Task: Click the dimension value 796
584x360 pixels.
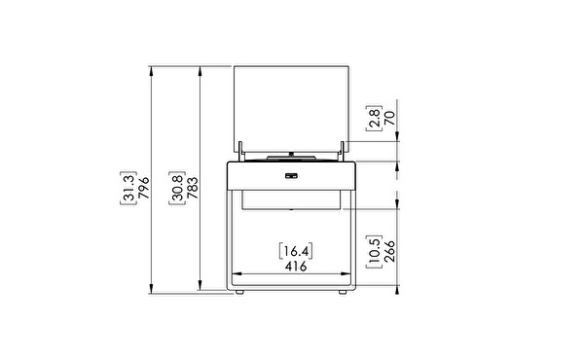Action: [143, 186]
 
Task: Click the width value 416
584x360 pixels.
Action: [292, 265]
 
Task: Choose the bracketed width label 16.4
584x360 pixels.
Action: [292, 249]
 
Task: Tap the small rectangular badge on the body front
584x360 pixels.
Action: [292, 176]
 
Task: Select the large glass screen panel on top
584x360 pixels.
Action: [292, 105]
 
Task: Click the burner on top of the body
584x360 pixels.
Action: [292, 156]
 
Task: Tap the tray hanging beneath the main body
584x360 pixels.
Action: [292, 198]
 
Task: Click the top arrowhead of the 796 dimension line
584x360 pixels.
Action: [151, 69]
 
